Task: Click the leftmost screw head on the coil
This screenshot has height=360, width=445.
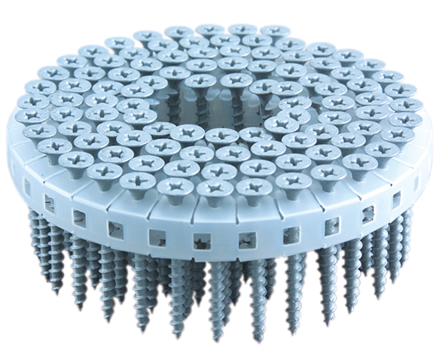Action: pyautogui.click(x=29, y=117)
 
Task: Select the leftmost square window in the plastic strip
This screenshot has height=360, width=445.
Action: pyautogui.click(x=28, y=184)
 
